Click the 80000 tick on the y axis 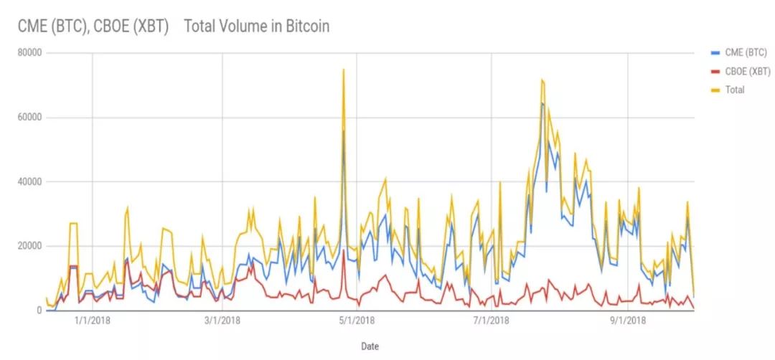click(x=32, y=53)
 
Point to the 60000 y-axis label click(x=32, y=118)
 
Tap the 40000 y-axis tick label click(x=32, y=182)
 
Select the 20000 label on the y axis click(x=32, y=246)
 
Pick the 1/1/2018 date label click(x=92, y=322)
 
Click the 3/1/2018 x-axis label click(x=222, y=322)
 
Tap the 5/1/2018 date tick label click(x=356, y=322)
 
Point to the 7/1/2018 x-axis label click(x=491, y=322)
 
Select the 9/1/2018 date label click(x=627, y=322)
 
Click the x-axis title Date click(x=370, y=346)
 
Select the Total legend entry click(x=734, y=90)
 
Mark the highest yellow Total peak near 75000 click(x=344, y=70)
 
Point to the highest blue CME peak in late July click(x=542, y=103)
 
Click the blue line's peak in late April click(x=344, y=131)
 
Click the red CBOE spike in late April click(x=344, y=251)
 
